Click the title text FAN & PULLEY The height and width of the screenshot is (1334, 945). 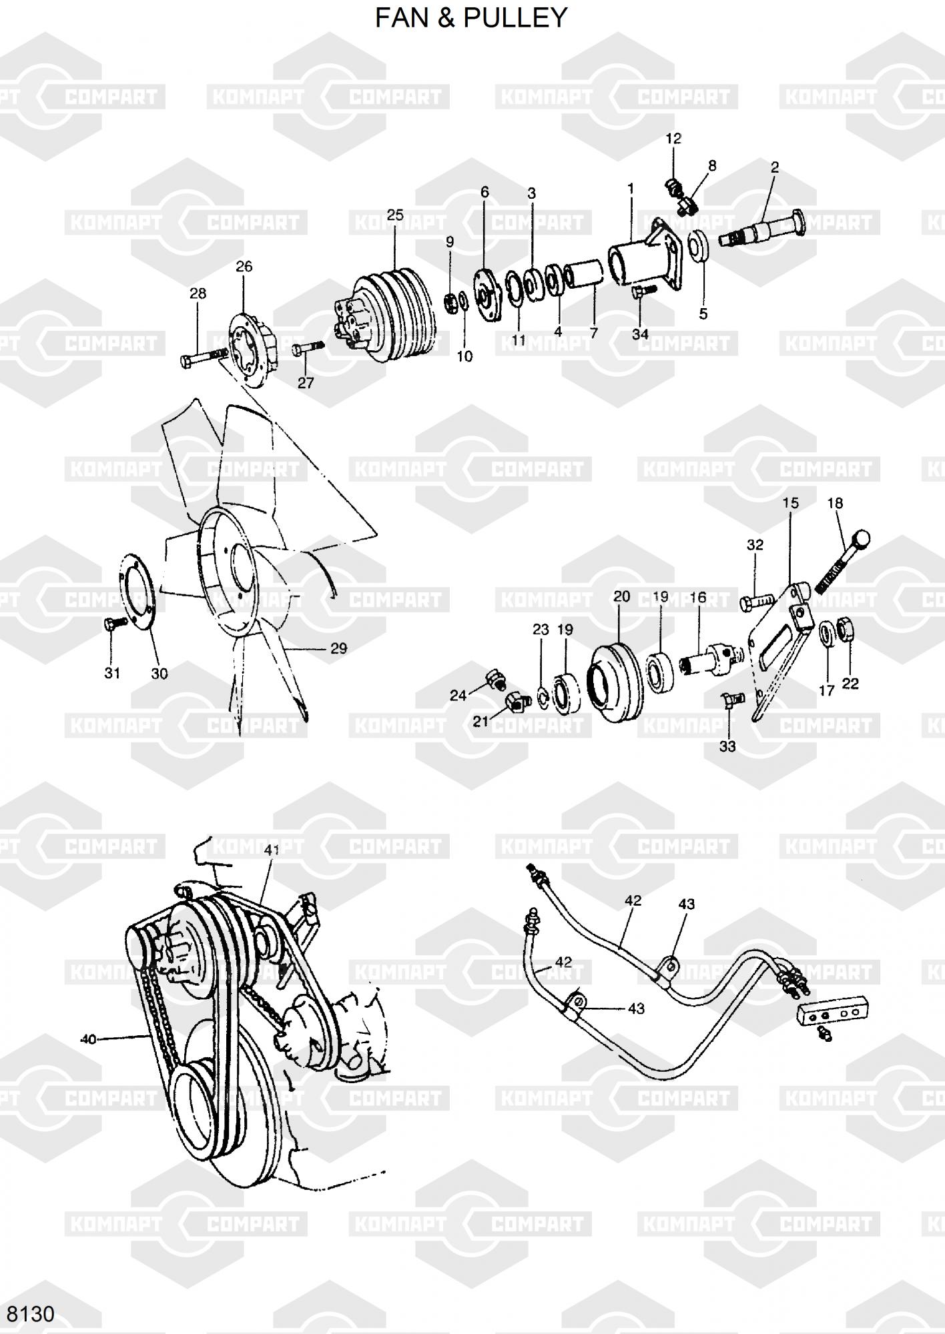471,17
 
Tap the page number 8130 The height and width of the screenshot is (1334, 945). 30,1313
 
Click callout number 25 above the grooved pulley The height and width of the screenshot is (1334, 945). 395,215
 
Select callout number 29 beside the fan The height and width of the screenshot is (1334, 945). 339,648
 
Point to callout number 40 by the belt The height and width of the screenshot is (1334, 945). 88,1039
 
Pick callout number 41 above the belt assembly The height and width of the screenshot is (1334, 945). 272,850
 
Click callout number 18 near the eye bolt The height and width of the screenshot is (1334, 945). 836,504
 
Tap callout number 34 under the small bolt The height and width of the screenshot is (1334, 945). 640,333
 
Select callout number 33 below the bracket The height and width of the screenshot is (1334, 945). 727,746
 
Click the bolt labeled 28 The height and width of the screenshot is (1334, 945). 204,357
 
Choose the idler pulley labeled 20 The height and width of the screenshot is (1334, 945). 613,682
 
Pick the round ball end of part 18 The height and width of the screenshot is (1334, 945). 862,539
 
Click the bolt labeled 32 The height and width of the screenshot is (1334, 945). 756,603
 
